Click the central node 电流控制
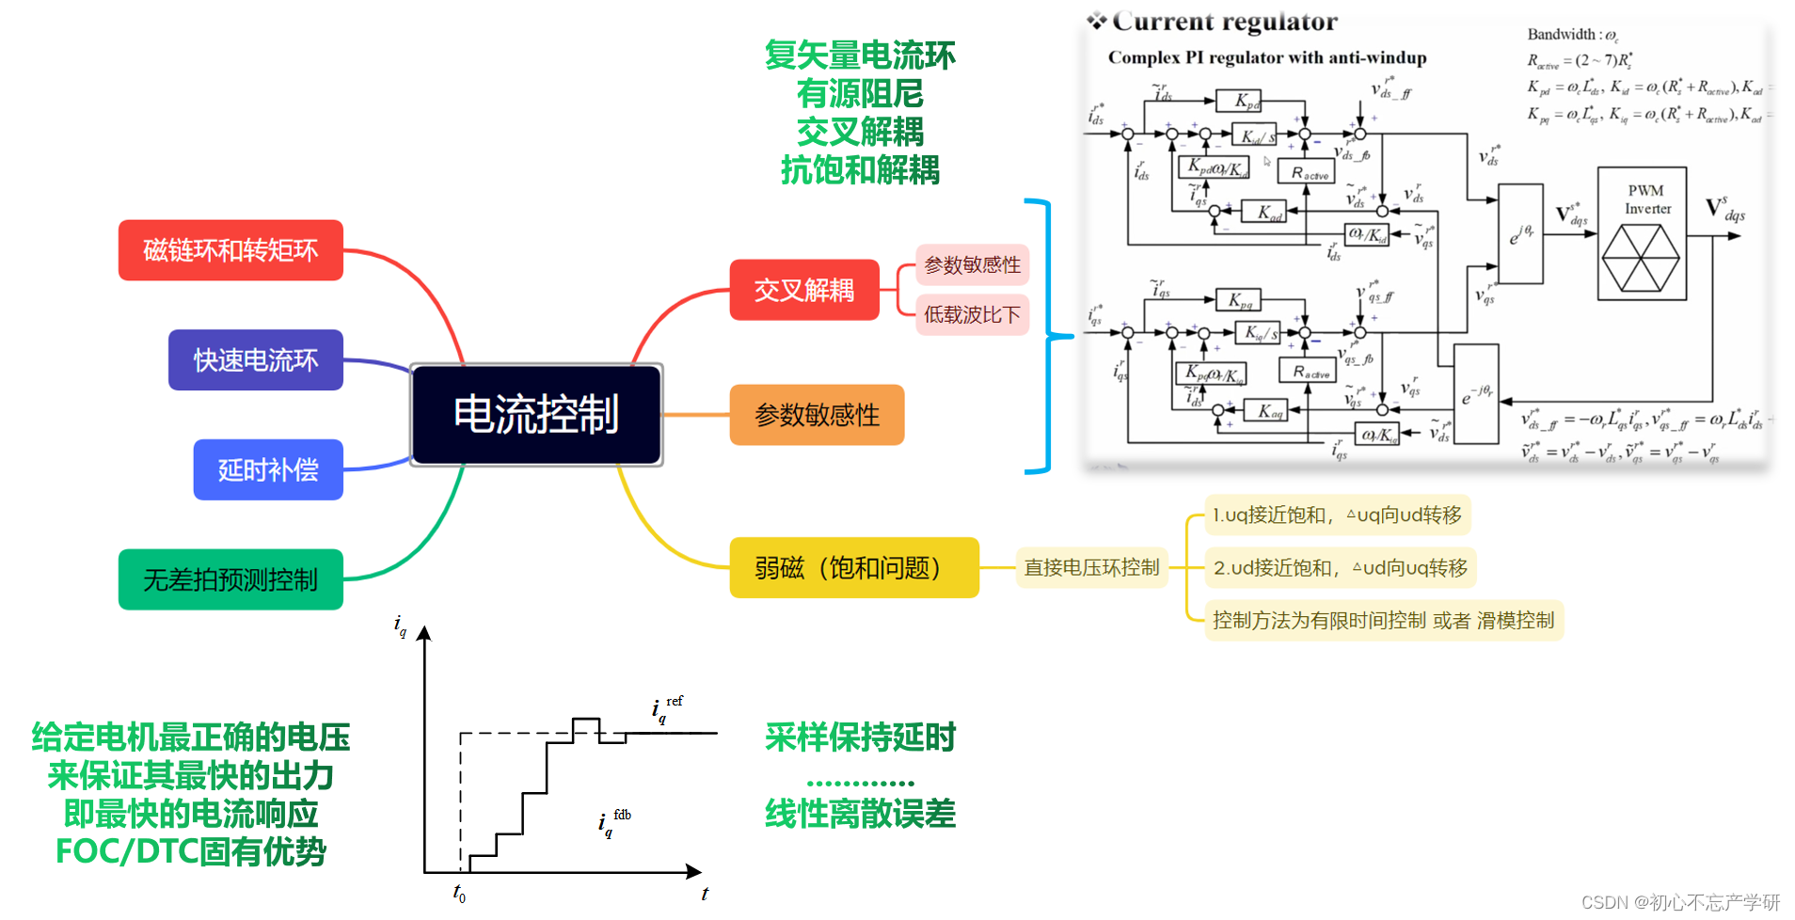(x=536, y=414)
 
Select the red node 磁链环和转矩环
(x=230, y=250)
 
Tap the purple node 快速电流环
(x=256, y=359)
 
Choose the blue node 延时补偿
(x=268, y=469)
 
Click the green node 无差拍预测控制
(x=230, y=579)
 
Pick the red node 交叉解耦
(x=804, y=290)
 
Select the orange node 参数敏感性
(x=817, y=415)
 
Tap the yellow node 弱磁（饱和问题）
(x=853, y=567)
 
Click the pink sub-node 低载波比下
(x=972, y=314)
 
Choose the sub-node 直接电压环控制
(x=1091, y=567)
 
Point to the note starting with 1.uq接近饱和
(x=1337, y=515)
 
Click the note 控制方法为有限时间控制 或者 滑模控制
(x=1383, y=620)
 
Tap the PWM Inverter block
(x=1642, y=233)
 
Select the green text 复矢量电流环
(x=860, y=56)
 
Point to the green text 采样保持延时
(x=860, y=738)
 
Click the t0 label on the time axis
(x=459, y=893)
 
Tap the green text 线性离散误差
(x=860, y=814)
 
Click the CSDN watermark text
(x=1680, y=902)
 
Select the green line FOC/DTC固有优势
(x=191, y=851)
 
